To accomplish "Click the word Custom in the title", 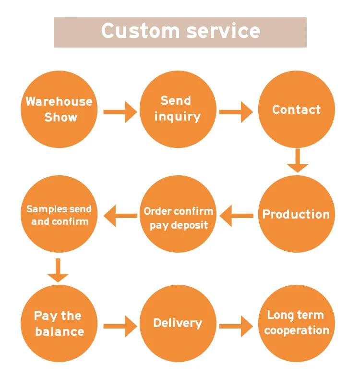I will tap(140, 31).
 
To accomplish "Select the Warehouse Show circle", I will tap(59, 110).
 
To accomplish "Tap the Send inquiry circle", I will tap(178, 109).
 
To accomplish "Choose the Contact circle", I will tap(296, 110).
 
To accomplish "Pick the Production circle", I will tap(296, 214).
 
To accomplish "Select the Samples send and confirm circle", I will tap(59, 215).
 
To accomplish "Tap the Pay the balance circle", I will tap(59, 323).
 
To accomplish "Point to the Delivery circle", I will tap(178, 323).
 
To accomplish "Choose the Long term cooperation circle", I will tap(296, 323).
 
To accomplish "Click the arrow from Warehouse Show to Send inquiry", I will tap(120, 112).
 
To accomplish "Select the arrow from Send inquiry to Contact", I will tap(236, 112).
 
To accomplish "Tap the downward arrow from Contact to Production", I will tap(298, 160).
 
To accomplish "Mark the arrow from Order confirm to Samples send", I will tap(120, 215).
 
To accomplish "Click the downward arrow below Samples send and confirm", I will tap(58, 270).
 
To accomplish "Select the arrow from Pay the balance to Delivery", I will tap(120, 327).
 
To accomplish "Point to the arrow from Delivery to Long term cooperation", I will tap(236, 327).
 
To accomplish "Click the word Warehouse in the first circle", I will tap(59, 101).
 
